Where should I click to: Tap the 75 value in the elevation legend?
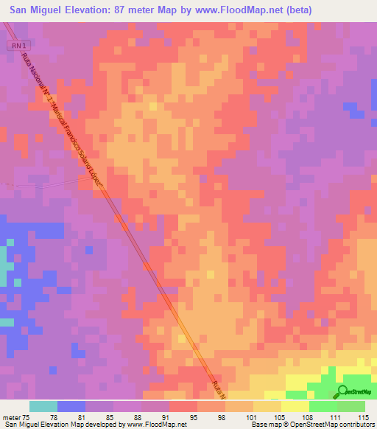point(27,417)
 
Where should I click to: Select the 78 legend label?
point(53,417)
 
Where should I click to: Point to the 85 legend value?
point(109,417)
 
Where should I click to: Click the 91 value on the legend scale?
point(165,417)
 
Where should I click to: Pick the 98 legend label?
point(222,417)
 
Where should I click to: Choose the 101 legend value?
point(250,417)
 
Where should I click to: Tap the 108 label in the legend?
point(306,417)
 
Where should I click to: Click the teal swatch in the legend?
point(43,406)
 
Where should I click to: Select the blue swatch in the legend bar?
point(71,406)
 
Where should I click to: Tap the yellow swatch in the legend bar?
point(295,406)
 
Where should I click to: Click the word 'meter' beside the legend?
point(11,417)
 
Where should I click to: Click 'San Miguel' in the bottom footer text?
point(21,425)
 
